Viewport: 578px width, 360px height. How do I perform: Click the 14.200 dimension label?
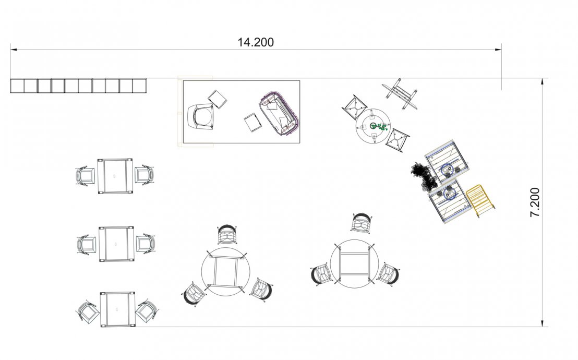tap(256, 42)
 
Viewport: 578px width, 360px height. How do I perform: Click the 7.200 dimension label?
tap(535, 202)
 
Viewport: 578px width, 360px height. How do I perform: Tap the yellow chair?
tap(480, 200)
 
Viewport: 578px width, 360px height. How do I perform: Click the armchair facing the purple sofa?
tap(200, 116)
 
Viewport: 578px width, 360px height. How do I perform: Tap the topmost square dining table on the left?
tap(115, 176)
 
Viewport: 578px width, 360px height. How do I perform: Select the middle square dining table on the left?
tap(116, 244)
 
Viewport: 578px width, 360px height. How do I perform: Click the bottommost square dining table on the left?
tap(117, 309)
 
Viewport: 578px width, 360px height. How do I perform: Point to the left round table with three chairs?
tap(225, 271)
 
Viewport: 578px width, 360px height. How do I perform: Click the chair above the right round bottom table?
tap(361, 223)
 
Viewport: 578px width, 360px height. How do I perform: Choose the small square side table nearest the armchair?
tap(217, 99)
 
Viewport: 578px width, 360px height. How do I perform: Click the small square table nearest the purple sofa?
tap(253, 122)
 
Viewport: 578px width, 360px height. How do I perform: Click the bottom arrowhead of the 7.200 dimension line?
tap(542, 323)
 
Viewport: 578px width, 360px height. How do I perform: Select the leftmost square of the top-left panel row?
tap(17, 86)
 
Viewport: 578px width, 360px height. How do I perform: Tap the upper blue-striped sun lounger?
tap(447, 161)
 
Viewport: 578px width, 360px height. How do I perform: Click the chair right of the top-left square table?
tap(144, 174)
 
